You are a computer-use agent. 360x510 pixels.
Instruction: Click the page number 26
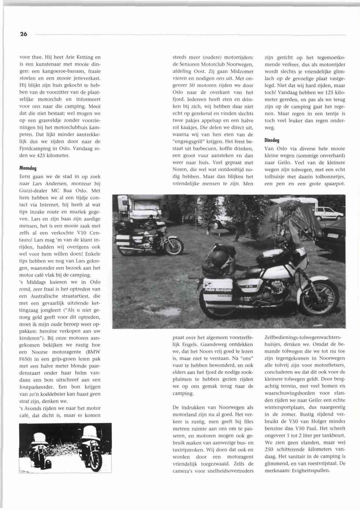click(24, 34)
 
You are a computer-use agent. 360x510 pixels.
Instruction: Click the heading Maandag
click(28, 168)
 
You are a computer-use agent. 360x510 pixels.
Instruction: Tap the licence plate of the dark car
click(333, 235)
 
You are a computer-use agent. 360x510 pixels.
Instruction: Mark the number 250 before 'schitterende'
click(269, 449)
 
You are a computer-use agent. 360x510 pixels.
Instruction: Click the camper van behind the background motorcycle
click(141, 209)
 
